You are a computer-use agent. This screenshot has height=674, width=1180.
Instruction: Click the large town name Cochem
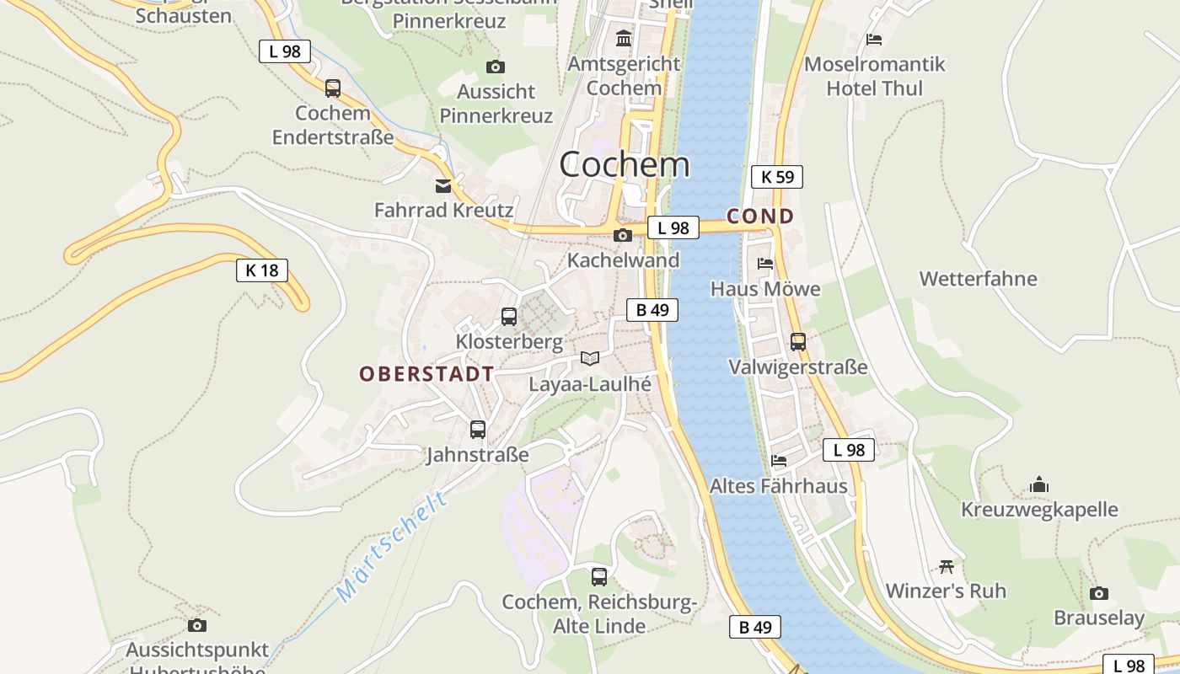[625, 164]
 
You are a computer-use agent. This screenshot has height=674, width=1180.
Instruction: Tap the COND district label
[760, 217]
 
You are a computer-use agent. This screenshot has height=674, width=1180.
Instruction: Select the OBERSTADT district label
[426, 374]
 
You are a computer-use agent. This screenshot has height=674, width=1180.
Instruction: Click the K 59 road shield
[776, 177]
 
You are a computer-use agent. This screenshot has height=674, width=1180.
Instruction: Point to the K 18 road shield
[261, 270]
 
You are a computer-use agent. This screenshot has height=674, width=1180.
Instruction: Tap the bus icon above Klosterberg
[509, 317]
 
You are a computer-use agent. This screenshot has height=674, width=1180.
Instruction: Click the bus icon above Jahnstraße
[478, 430]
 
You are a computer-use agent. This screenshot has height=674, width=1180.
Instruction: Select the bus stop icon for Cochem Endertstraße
[333, 88]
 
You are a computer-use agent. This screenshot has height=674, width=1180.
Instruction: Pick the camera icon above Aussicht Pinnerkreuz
[496, 67]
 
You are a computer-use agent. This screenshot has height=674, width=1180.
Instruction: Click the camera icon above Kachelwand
[623, 235]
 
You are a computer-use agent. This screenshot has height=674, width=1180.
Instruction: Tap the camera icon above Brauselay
[1098, 593]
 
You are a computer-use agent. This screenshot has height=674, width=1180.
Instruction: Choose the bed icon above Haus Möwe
[764, 264]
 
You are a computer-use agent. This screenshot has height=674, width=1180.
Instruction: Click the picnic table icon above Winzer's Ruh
[946, 566]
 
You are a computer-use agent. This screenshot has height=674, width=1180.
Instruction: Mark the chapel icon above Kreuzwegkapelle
[1039, 484]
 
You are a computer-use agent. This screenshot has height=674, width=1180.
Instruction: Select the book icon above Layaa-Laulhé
[590, 359]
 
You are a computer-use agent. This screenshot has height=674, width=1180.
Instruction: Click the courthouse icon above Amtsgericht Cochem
[624, 38]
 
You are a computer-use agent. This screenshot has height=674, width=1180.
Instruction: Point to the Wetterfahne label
[978, 279]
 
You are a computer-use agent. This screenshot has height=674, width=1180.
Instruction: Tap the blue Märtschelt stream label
[393, 547]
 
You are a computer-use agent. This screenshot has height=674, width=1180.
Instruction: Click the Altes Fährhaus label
[778, 486]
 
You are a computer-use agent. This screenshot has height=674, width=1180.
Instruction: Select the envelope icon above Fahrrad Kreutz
[443, 185]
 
